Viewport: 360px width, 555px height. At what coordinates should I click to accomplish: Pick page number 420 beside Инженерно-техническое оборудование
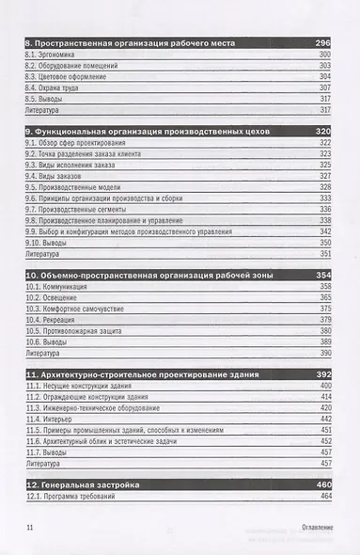pos(324,408)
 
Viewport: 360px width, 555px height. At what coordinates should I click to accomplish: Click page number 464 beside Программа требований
pos(324,496)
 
